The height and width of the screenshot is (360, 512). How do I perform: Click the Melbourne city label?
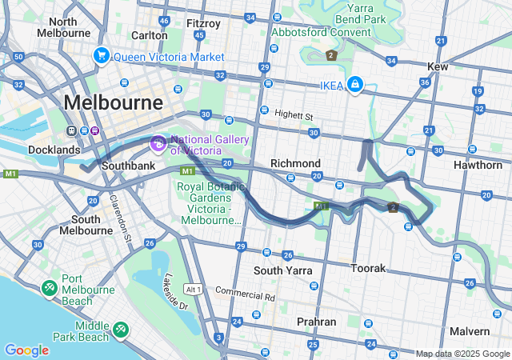click(x=113, y=102)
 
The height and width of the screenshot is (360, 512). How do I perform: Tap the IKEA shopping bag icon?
click(x=353, y=85)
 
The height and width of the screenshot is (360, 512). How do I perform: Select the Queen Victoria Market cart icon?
click(x=101, y=56)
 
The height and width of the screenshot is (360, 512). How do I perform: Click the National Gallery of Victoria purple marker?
click(x=158, y=143)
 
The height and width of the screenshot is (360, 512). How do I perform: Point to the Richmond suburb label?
click(x=295, y=163)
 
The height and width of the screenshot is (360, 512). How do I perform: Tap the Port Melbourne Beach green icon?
click(x=50, y=286)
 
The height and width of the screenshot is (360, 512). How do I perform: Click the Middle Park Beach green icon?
click(x=121, y=327)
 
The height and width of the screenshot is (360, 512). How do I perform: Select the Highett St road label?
click(x=294, y=116)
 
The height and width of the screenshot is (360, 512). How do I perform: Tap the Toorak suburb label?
click(x=369, y=268)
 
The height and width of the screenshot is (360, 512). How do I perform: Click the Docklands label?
click(x=54, y=150)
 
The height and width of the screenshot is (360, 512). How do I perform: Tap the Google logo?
click(x=26, y=350)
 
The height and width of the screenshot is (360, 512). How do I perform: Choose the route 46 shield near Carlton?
click(x=164, y=20)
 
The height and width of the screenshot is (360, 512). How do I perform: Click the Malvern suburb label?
click(x=469, y=331)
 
